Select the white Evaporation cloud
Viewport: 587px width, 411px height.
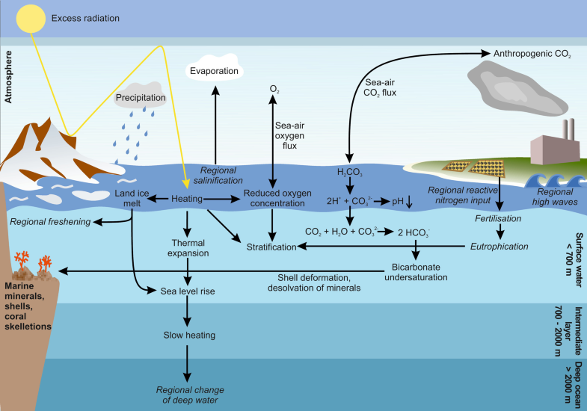coord(215,71)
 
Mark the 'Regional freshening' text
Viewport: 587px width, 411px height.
coord(50,222)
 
